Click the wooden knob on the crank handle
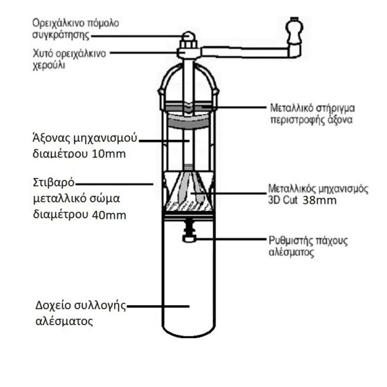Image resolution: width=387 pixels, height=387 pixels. coord(295,29)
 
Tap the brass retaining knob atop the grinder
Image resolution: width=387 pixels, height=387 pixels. coord(188,37)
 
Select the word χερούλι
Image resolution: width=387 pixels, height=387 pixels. coord(50,65)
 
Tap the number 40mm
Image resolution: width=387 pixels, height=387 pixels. coord(110,213)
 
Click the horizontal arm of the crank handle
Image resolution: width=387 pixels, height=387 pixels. coord(245,50)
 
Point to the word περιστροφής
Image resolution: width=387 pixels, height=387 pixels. coord(293,119)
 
